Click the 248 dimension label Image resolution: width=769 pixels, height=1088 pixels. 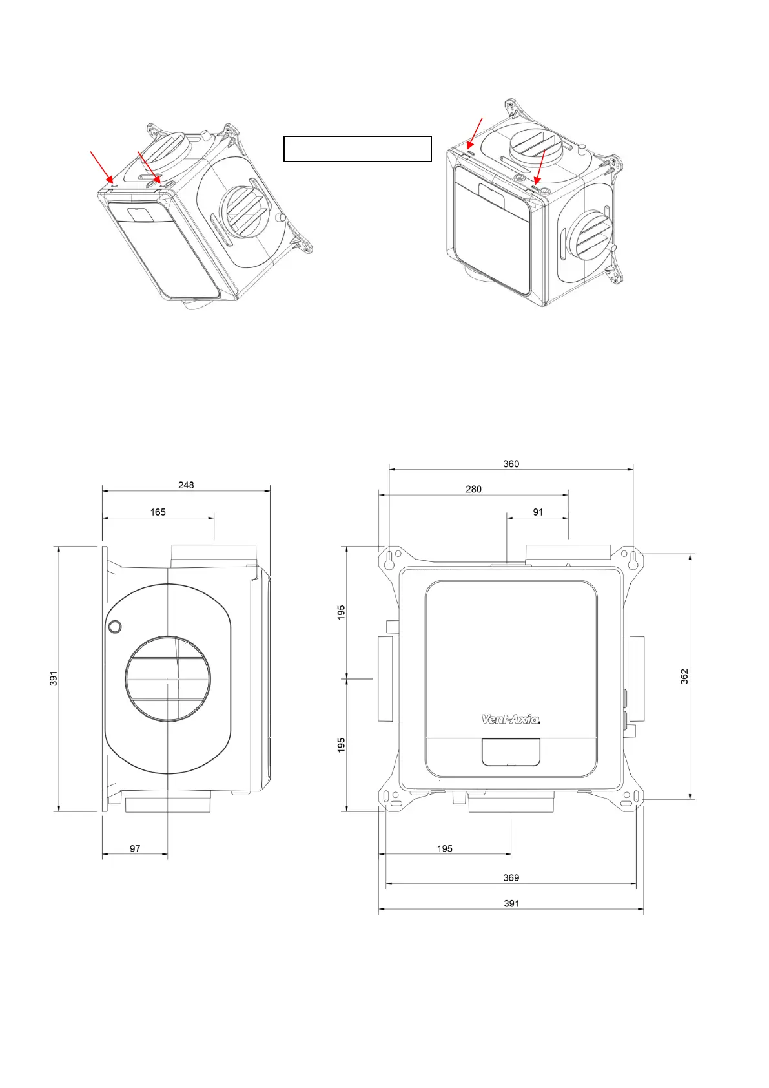click(186, 485)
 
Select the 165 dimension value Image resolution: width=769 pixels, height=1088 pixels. click(158, 512)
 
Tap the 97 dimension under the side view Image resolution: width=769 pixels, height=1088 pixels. click(135, 848)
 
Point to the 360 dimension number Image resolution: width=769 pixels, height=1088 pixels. click(511, 464)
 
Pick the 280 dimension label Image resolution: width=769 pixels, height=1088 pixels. click(473, 489)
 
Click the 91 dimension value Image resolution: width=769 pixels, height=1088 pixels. click(538, 512)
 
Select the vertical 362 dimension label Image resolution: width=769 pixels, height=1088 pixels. click(684, 676)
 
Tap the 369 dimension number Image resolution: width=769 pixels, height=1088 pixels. click(511, 877)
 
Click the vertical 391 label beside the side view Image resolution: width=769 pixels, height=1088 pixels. click(54, 678)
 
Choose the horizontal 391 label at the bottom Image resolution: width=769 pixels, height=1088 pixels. click(511, 903)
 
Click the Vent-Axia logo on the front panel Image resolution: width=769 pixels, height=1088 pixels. click(510, 719)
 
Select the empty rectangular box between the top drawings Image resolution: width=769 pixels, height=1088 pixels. click(357, 149)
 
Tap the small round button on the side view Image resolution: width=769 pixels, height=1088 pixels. click(115, 626)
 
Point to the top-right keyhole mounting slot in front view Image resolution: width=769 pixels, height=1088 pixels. click(633, 560)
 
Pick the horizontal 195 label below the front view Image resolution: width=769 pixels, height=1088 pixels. click(445, 848)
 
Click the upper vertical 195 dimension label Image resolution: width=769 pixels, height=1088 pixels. click(342, 612)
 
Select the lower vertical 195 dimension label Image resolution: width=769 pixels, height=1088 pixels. click(342, 744)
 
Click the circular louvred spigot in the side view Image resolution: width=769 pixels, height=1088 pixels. click(168, 678)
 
